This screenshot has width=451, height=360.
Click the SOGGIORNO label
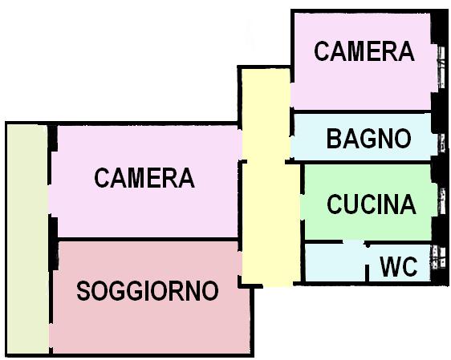point(148,291)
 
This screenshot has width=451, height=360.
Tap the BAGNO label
point(369,139)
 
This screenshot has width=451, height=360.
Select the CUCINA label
point(372,204)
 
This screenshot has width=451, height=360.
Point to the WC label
point(398,265)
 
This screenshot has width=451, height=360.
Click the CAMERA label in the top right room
point(364,51)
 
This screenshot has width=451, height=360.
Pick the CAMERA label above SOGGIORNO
point(144,178)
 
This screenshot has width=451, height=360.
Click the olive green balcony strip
point(27,239)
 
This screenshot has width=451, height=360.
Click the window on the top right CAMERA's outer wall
point(441,68)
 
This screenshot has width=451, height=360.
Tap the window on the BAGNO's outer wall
point(441,143)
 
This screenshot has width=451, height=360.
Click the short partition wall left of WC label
point(367,273)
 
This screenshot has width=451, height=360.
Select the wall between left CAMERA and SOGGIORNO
point(148,239)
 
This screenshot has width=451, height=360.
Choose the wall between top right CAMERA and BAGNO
point(361,111)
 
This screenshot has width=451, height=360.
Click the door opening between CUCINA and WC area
point(354,242)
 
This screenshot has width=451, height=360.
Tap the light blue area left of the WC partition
point(335,263)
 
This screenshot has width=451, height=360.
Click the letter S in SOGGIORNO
point(83,291)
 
